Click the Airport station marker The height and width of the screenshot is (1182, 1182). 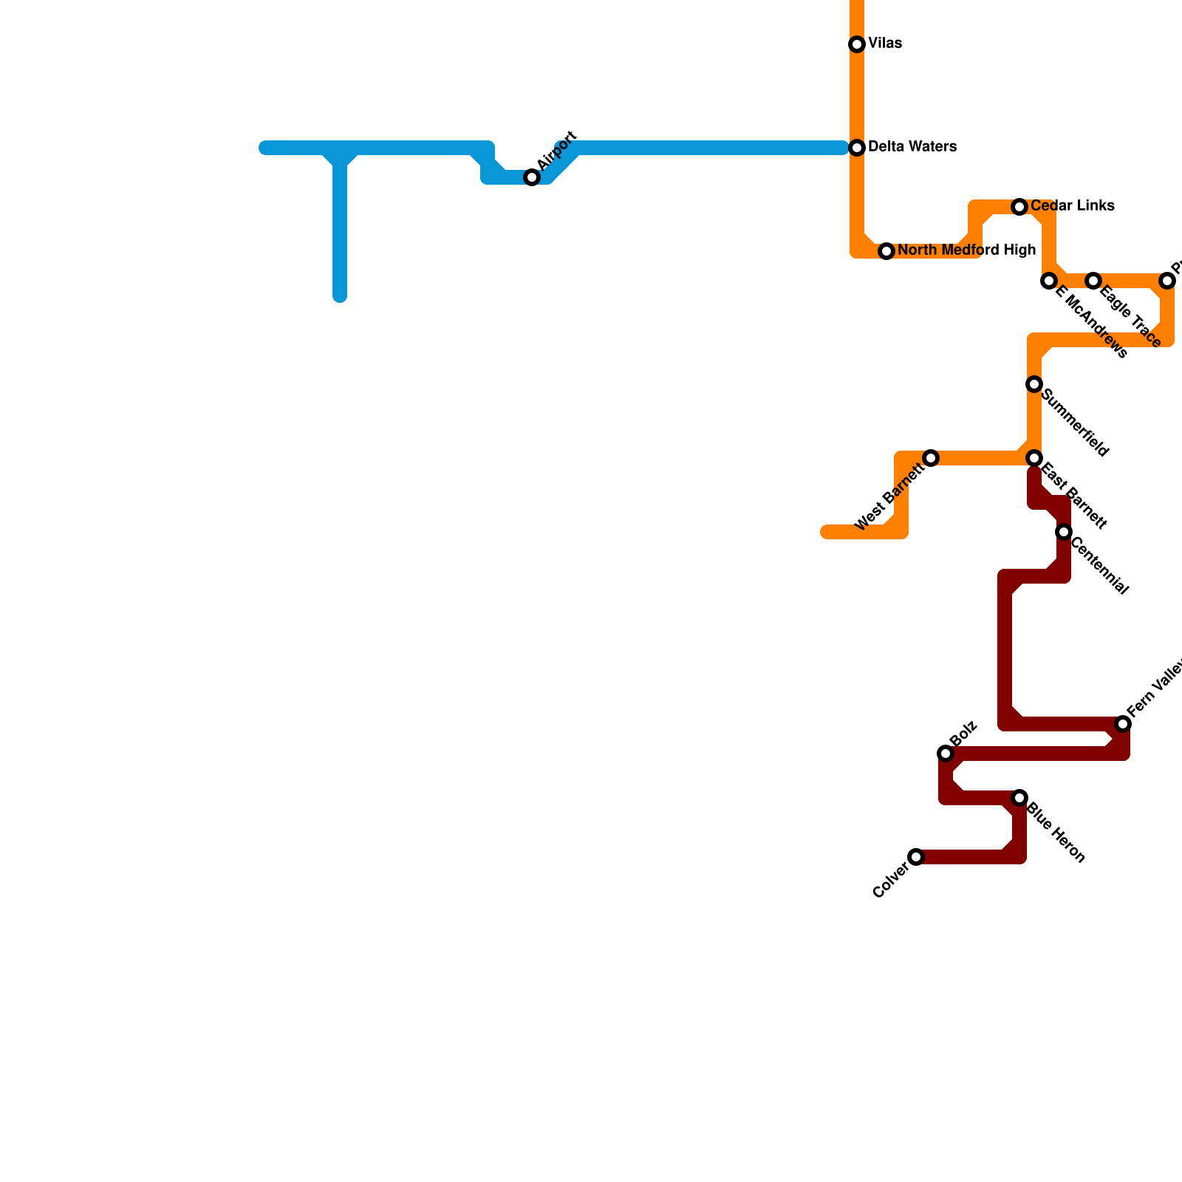point(532,177)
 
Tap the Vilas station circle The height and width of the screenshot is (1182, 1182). point(857,44)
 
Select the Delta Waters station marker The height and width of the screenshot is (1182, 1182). point(857,148)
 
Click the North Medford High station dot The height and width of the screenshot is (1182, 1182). point(886,251)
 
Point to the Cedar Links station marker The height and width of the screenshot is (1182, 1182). point(1019,207)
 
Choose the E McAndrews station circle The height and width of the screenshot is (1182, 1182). point(1049,281)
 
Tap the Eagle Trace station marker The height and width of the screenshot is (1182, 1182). point(1093,281)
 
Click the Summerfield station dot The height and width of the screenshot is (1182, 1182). point(1034,384)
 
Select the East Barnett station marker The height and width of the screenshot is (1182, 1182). point(1034,458)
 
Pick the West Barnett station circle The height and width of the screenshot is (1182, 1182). point(931,458)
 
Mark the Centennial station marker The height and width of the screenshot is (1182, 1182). point(1064,532)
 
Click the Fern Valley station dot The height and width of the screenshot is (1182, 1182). point(1123,724)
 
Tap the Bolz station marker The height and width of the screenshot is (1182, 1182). point(946,754)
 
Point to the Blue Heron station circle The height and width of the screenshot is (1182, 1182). point(1019,798)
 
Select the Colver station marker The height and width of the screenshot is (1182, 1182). point(916,857)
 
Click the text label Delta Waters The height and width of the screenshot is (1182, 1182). point(912,147)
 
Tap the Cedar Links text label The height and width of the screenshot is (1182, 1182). point(1073,206)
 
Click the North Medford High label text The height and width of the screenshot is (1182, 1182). point(967,250)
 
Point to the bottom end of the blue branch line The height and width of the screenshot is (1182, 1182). point(340,297)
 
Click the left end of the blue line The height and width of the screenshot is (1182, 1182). point(264,148)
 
